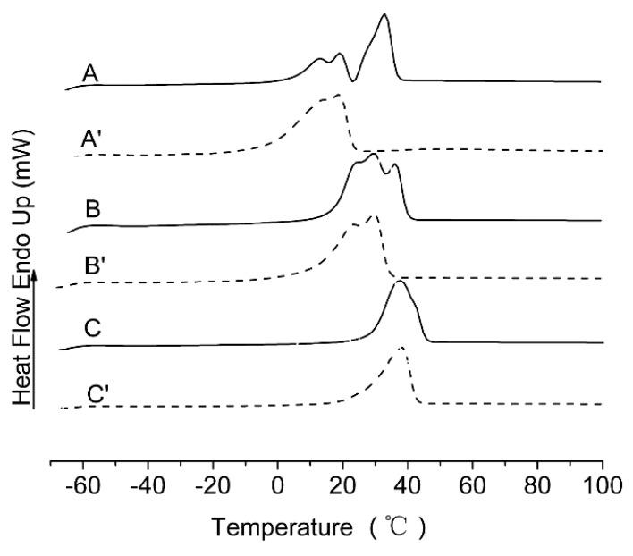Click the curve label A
90,73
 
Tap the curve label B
92,210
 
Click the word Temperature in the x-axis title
278,530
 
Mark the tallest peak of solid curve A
384,14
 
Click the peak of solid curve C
399,282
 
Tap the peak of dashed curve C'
401,347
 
